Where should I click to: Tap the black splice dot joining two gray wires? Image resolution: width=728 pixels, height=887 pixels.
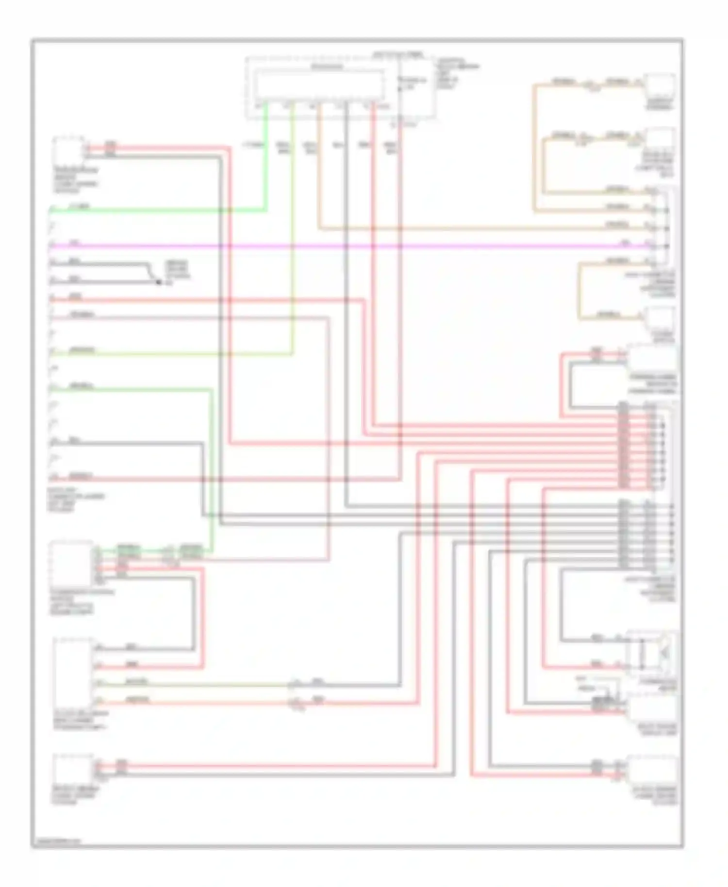pos(158,281)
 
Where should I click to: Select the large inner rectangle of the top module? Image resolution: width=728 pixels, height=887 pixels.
pos(320,85)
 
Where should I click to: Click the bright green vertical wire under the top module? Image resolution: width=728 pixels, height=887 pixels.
pos(266,160)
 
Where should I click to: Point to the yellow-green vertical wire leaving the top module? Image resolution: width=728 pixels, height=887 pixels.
pos(292,218)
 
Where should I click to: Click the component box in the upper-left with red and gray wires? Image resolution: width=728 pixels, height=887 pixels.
pos(68,150)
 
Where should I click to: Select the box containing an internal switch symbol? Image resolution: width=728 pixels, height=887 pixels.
pos(651,653)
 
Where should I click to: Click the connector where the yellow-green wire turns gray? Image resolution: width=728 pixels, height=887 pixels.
pos(293,685)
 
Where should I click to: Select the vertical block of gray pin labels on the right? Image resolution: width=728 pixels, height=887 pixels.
pos(624,534)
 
